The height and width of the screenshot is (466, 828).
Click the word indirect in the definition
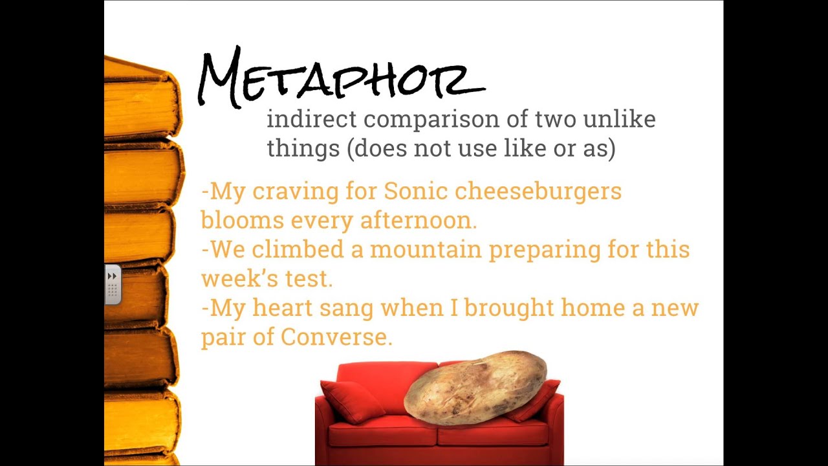pyautogui.click(x=312, y=118)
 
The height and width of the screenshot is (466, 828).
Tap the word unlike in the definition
pyautogui.click(x=620, y=118)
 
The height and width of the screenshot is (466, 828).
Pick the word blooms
pyautogui.click(x=243, y=219)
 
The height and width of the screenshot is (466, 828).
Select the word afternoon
pyautogui.click(x=419, y=219)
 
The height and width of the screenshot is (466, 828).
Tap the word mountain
pyautogui.click(x=426, y=249)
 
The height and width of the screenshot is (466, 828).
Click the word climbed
pyautogui.click(x=298, y=249)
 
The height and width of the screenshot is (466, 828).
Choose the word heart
pyautogui.click(x=283, y=307)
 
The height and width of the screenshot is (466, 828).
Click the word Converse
pyautogui.click(x=336, y=337)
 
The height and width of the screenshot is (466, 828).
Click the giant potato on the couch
pyautogui.click(x=475, y=388)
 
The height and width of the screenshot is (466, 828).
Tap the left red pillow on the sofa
pyautogui.click(x=353, y=401)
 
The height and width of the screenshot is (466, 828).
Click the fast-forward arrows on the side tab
pyautogui.click(x=112, y=276)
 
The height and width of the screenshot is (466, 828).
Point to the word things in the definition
pyautogui.click(x=303, y=149)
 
